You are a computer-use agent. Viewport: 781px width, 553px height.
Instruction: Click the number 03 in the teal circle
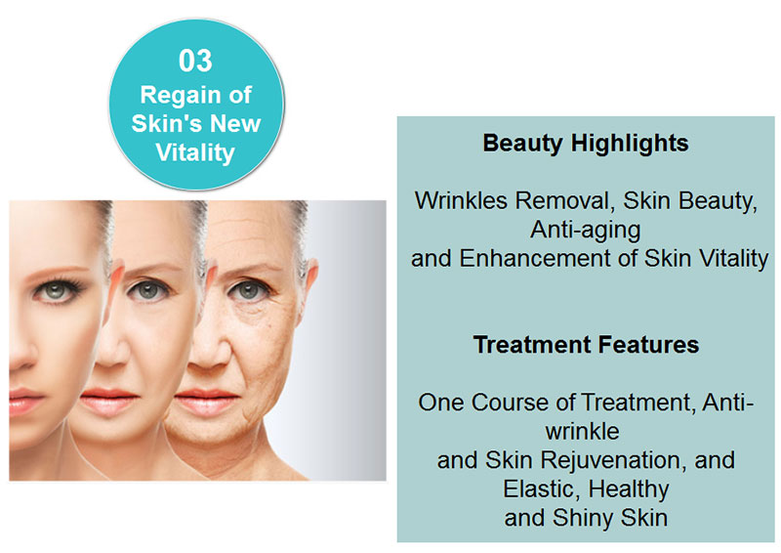(x=195, y=61)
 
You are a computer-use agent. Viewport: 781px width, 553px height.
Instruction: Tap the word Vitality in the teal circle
(x=194, y=152)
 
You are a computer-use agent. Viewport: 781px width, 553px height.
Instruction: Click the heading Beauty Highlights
(x=586, y=144)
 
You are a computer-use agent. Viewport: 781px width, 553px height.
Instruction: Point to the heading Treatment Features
(x=586, y=345)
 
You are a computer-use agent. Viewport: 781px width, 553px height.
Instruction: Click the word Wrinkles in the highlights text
(x=462, y=200)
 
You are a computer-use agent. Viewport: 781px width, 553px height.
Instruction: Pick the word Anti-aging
(x=585, y=231)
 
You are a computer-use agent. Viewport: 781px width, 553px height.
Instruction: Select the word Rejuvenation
(x=610, y=460)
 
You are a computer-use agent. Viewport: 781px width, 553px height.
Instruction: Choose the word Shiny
(x=582, y=518)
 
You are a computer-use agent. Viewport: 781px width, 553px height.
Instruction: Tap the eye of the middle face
(x=148, y=290)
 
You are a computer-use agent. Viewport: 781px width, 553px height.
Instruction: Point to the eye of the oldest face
(x=247, y=290)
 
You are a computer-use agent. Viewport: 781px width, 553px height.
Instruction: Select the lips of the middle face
(x=108, y=401)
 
